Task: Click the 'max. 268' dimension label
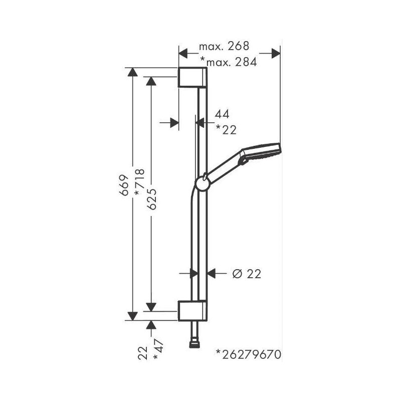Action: (x=224, y=46)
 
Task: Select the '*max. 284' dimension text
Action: (x=229, y=62)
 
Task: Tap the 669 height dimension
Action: (x=124, y=185)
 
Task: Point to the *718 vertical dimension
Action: (x=140, y=182)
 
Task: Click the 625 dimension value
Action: (x=152, y=199)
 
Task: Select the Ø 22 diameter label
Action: (x=247, y=274)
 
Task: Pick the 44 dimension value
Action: (x=222, y=114)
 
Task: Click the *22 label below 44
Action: (x=227, y=129)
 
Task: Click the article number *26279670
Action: (x=249, y=354)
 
